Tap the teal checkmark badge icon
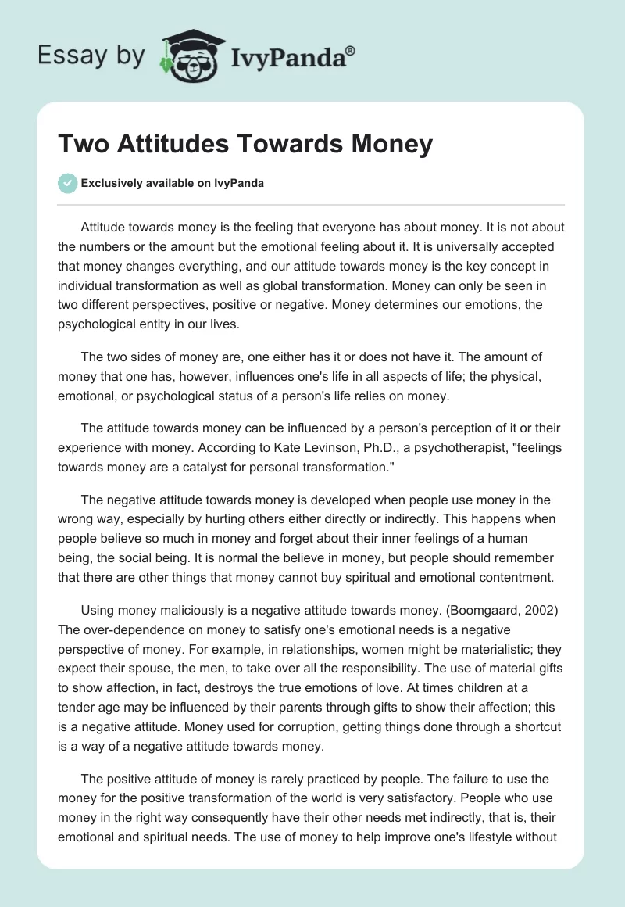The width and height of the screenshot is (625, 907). coord(67,183)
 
